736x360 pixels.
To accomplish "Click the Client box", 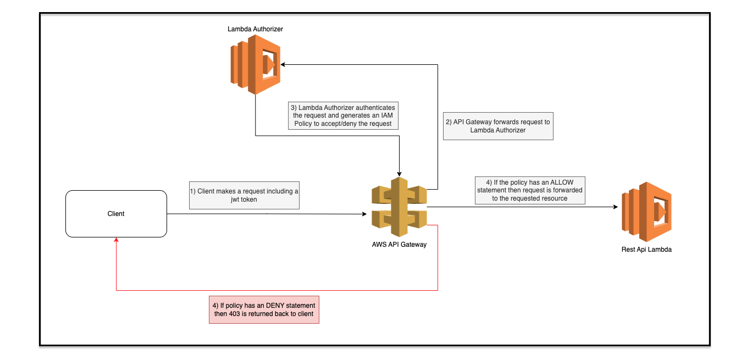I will [116, 214].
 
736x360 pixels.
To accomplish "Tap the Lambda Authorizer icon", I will [255, 65].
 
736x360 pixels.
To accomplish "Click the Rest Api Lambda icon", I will [647, 212].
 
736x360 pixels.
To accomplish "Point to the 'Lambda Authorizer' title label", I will [255, 29].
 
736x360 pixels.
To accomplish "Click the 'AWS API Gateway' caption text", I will [399, 245].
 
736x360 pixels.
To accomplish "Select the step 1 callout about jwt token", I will [244, 195].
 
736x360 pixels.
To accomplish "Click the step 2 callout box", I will [497, 126].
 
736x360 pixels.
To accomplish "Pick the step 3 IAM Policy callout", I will [343, 115].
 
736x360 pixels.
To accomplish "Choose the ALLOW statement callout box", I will [530, 190].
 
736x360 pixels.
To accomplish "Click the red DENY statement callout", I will [264, 309].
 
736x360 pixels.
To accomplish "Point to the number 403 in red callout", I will [236, 314].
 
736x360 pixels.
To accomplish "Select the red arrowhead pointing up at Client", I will [116, 241].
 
